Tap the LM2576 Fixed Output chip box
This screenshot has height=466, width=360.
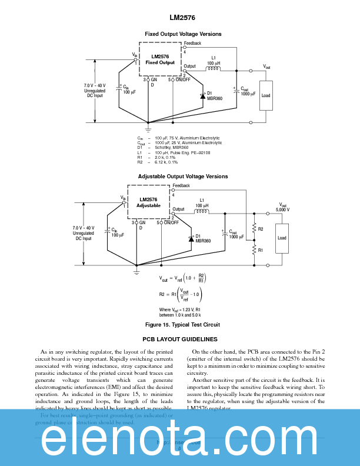(x=160, y=59)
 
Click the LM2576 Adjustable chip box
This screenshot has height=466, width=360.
(x=148, y=202)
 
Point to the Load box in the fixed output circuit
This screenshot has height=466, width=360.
(x=266, y=95)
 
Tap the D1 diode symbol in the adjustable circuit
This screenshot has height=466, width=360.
(x=191, y=238)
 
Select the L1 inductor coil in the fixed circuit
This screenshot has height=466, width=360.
(x=213, y=69)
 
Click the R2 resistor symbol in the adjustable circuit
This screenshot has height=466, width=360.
(x=254, y=228)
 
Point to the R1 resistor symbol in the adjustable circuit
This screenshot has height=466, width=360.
(x=254, y=249)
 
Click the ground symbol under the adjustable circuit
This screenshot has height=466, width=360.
(x=136, y=271)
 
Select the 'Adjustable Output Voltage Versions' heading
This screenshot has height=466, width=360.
(x=183, y=177)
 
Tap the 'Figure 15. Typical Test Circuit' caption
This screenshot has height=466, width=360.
(x=182, y=324)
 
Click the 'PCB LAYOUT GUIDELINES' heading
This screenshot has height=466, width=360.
(x=180, y=339)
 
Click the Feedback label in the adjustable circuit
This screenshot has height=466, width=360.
(x=181, y=186)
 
